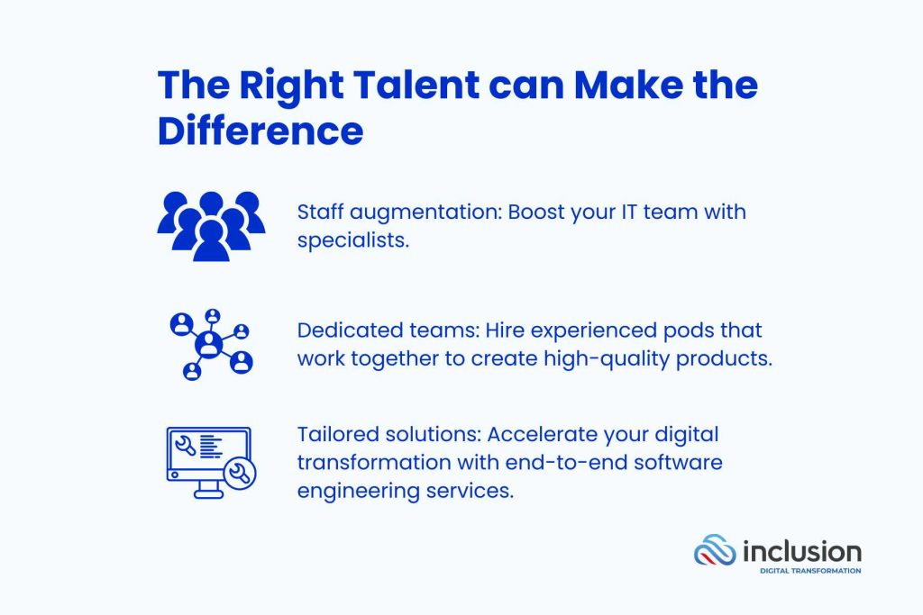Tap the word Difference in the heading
(x=260, y=131)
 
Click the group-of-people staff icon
(x=211, y=226)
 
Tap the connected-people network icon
(x=211, y=345)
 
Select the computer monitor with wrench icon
(x=211, y=463)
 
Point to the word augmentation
(x=425, y=213)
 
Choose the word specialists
(x=353, y=241)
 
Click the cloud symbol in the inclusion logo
(x=715, y=551)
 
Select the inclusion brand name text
(x=801, y=551)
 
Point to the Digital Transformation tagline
(x=810, y=571)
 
